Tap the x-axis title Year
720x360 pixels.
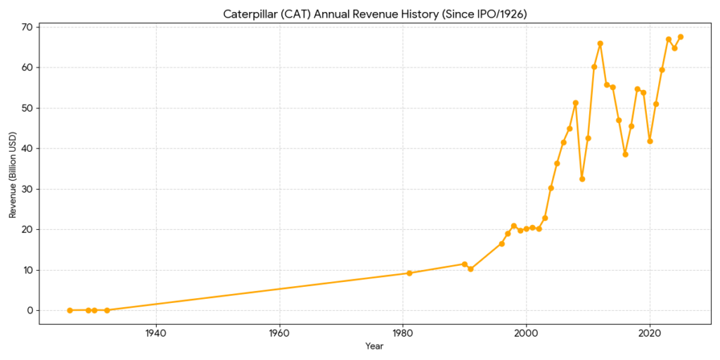375,346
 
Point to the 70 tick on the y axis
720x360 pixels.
27,27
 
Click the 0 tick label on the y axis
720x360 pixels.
30,311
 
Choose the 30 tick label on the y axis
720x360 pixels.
27,189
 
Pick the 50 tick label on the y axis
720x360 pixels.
27,108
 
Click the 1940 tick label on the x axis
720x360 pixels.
156,333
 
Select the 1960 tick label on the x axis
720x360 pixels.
280,333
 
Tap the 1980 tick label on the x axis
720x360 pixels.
403,333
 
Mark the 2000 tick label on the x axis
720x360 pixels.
526,333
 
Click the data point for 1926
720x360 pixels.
70,310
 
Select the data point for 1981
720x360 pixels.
409,273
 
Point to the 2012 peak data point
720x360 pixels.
600,44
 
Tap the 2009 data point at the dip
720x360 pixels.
582,179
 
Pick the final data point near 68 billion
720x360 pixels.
681,37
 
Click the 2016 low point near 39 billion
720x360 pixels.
625,154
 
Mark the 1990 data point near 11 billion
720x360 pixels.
464,264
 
